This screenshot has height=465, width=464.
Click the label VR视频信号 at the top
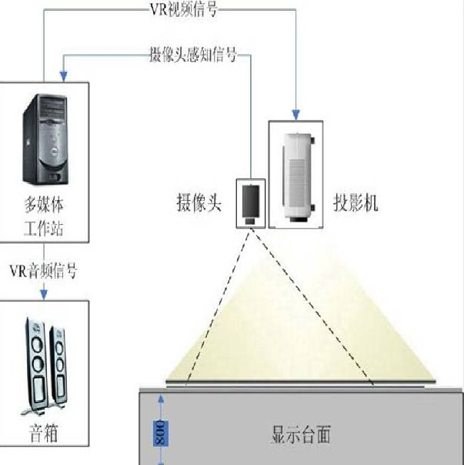[184, 10]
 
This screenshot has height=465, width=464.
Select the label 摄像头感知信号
[193, 55]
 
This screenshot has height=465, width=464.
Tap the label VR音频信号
[44, 271]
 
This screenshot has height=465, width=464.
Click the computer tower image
[45, 139]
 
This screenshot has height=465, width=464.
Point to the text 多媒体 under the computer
[44, 204]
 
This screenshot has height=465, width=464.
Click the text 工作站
[44, 229]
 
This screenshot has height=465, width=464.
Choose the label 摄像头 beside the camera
[199, 203]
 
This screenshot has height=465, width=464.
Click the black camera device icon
[251, 205]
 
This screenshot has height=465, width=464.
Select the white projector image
[297, 177]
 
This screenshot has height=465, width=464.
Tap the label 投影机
[356, 203]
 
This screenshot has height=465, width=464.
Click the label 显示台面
[301, 434]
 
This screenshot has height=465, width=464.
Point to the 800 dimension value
[161, 433]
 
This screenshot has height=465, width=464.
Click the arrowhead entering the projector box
[296, 115]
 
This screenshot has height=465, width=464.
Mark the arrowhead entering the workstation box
[63, 76]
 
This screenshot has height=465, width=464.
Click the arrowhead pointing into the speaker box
[44, 295]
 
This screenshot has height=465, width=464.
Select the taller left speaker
[35, 366]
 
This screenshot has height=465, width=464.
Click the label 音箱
[44, 433]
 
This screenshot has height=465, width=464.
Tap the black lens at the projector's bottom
[299, 219]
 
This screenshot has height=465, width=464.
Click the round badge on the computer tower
[55, 152]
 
